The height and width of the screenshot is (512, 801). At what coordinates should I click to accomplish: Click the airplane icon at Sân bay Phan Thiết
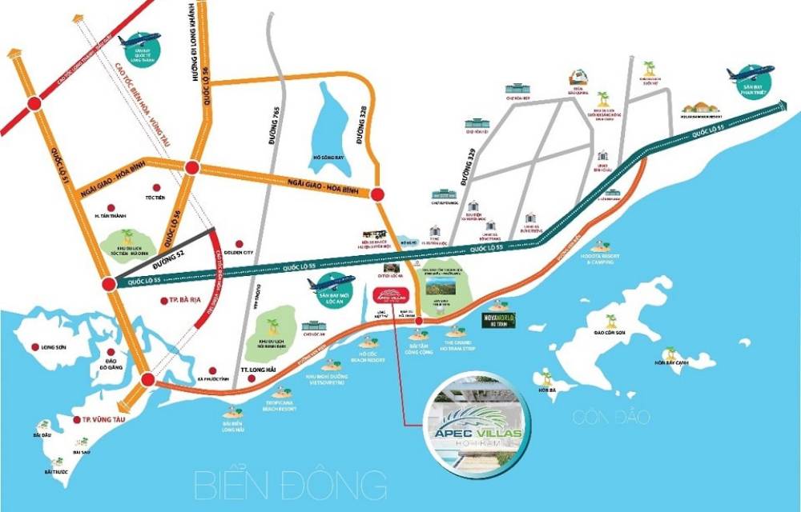[749, 74]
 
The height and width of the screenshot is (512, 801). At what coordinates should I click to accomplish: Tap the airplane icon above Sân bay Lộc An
[331, 282]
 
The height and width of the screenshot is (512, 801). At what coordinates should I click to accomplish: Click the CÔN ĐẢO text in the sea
[611, 418]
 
